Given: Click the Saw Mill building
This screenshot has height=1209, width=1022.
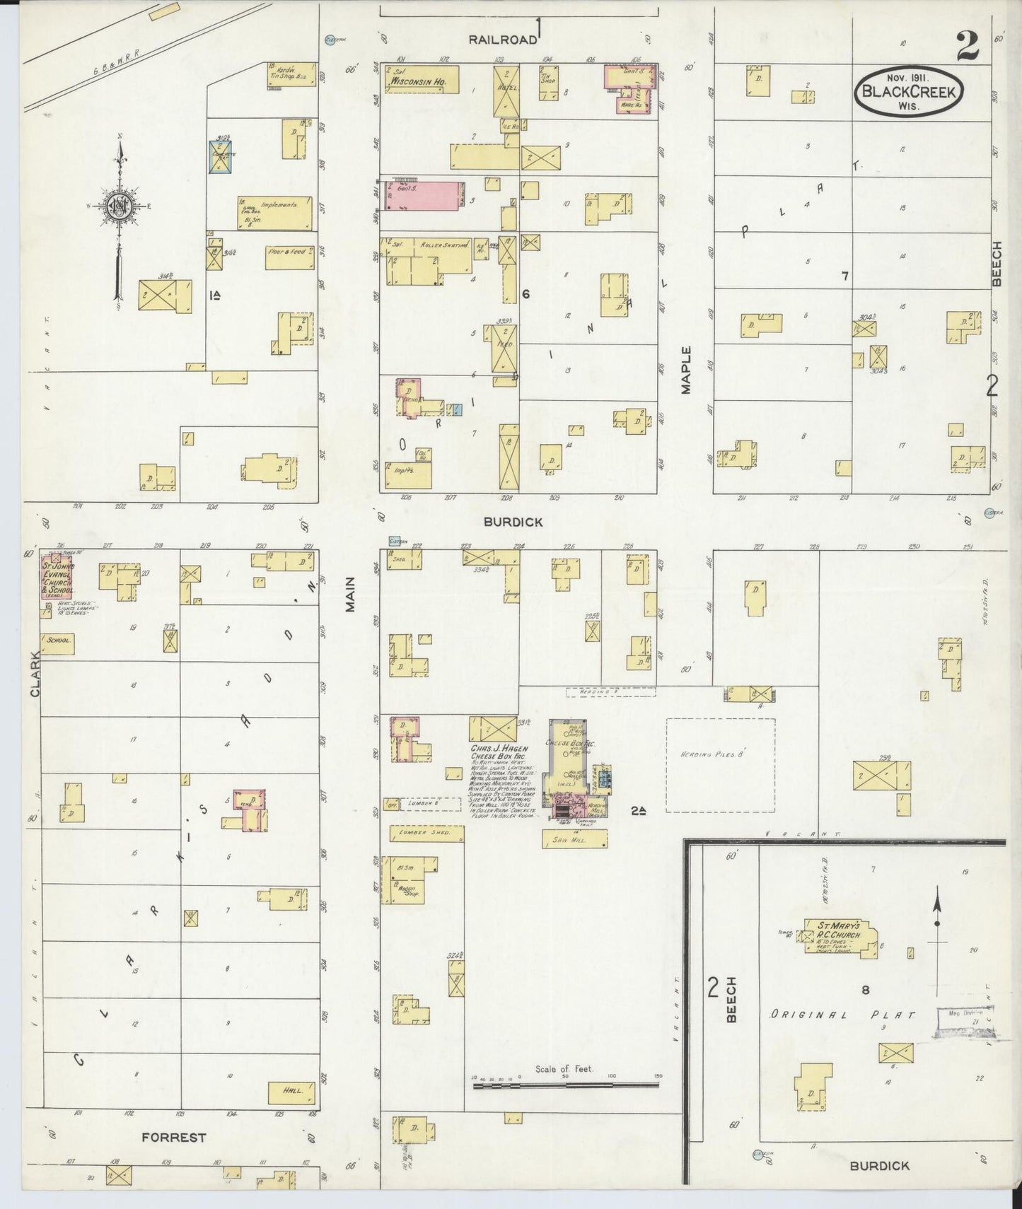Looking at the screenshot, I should click(x=574, y=839).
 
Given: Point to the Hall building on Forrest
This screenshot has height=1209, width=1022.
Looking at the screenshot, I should click(x=291, y=1111).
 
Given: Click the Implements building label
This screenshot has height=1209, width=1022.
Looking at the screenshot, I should click(x=278, y=204).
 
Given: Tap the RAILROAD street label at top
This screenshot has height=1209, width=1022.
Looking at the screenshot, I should click(x=503, y=40).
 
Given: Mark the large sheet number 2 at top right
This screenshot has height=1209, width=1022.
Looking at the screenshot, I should click(x=967, y=47).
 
